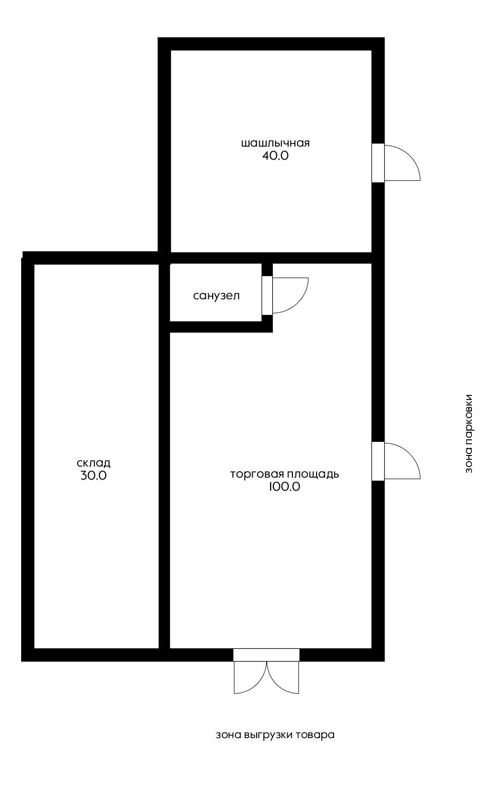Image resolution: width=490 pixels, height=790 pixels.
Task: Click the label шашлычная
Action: tap(275, 143)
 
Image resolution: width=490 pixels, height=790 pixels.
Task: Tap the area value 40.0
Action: tap(275, 156)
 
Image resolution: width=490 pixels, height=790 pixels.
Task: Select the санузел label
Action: tap(216, 296)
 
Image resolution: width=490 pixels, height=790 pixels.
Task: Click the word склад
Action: tap(93, 463)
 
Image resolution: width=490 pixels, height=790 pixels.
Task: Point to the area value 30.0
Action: tap(93, 475)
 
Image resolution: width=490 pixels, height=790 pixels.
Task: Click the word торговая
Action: tap(257, 474)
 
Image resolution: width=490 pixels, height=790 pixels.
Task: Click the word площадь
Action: tap(313, 474)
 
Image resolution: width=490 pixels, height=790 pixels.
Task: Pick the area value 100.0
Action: tap(285, 487)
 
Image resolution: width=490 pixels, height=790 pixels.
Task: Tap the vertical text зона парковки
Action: tap(469, 433)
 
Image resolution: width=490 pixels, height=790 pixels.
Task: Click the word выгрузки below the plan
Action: tap(268, 735)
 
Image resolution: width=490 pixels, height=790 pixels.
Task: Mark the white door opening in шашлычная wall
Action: tap(378, 163)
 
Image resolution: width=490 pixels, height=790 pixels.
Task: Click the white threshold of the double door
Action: tap(266, 655)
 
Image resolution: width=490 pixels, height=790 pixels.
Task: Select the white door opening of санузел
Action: tap(267, 295)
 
